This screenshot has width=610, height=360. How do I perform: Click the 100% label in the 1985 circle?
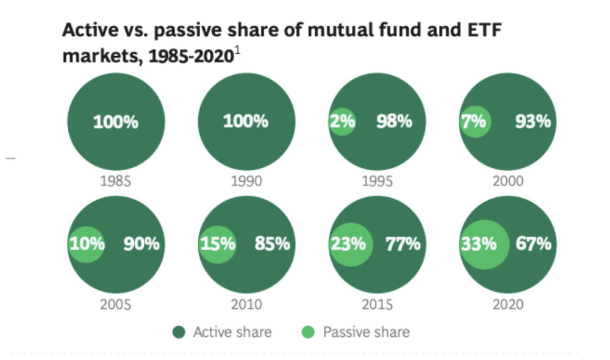tap(116, 121)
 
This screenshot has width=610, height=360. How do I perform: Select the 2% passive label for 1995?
tap(343, 121)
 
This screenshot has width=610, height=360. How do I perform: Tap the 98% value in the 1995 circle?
tap(394, 121)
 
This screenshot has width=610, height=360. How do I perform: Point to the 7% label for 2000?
tap(473, 121)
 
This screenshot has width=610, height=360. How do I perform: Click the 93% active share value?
tap(533, 121)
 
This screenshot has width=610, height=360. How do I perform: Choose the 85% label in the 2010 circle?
tap(272, 244)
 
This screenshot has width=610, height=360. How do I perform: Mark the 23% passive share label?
tap(348, 244)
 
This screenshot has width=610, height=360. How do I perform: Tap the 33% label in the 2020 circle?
tap(479, 244)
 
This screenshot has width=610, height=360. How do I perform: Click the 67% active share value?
tap(533, 244)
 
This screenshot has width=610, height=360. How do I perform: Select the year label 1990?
tap(246, 181)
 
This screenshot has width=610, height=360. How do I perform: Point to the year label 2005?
tap(116, 304)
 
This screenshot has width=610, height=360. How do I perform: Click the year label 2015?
tap(377, 304)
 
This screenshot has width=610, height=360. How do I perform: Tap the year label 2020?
tap(508, 304)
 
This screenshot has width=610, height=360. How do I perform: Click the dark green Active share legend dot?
tap(179, 333)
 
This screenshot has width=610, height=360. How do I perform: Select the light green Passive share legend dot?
tap(309, 333)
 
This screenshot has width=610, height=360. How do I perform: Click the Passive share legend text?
tap(366, 333)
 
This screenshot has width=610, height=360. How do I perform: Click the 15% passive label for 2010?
tap(218, 244)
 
